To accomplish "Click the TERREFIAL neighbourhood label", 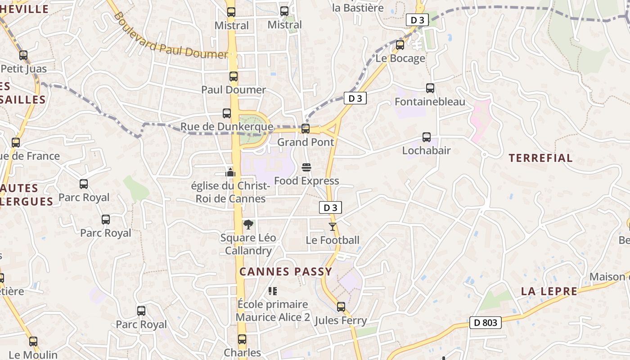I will (540, 158).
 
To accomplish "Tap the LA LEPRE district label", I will (549, 291).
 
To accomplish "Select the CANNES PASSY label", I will (286, 271).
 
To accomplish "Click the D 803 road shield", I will (486, 322).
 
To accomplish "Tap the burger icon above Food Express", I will (306, 168).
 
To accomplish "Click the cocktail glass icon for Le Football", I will (333, 227).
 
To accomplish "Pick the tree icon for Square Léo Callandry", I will (248, 224).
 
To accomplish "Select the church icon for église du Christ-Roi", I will (230, 172).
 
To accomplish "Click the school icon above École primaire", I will (272, 291).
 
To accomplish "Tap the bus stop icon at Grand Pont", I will (306, 129).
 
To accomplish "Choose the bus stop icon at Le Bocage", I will (400, 45).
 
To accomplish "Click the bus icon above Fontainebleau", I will (430, 88).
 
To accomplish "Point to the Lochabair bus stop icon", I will (426, 137).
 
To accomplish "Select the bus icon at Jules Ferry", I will (341, 307).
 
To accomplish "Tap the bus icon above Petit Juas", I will (23, 55).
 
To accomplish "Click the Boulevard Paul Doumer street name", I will (171, 38).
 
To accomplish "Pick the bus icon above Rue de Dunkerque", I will (227, 113).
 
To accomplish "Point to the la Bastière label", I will (358, 8).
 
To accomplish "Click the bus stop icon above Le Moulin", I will (33, 342).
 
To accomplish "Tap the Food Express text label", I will (306, 181).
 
